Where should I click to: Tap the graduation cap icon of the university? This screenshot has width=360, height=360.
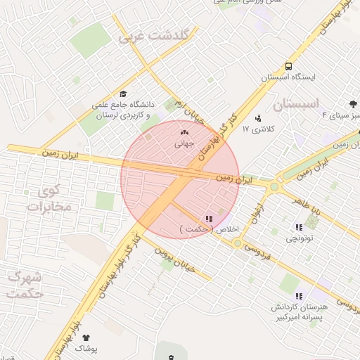click(x=124, y=94)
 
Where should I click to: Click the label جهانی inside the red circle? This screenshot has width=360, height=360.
click(x=184, y=143)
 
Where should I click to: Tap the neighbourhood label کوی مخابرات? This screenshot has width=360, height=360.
click(x=49, y=198)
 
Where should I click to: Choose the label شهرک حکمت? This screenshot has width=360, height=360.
click(x=22, y=285)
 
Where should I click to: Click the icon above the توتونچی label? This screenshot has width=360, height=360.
click(x=299, y=227)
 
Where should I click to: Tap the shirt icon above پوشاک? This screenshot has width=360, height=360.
click(x=86, y=338)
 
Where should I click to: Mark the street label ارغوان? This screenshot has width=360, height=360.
click(x=259, y=214)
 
